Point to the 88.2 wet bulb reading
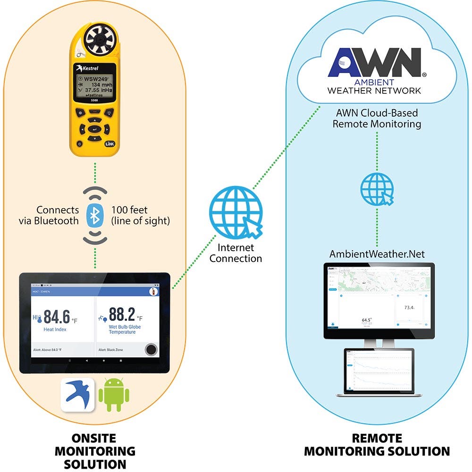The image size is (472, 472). click(x=122, y=314)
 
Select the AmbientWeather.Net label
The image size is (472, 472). click(x=377, y=254)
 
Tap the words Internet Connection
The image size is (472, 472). click(x=236, y=253)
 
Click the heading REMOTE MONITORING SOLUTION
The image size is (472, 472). click(x=377, y=445)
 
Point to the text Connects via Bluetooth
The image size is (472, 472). click(x=58, y=215)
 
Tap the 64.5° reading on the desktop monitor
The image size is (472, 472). click(x=366, y=320)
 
